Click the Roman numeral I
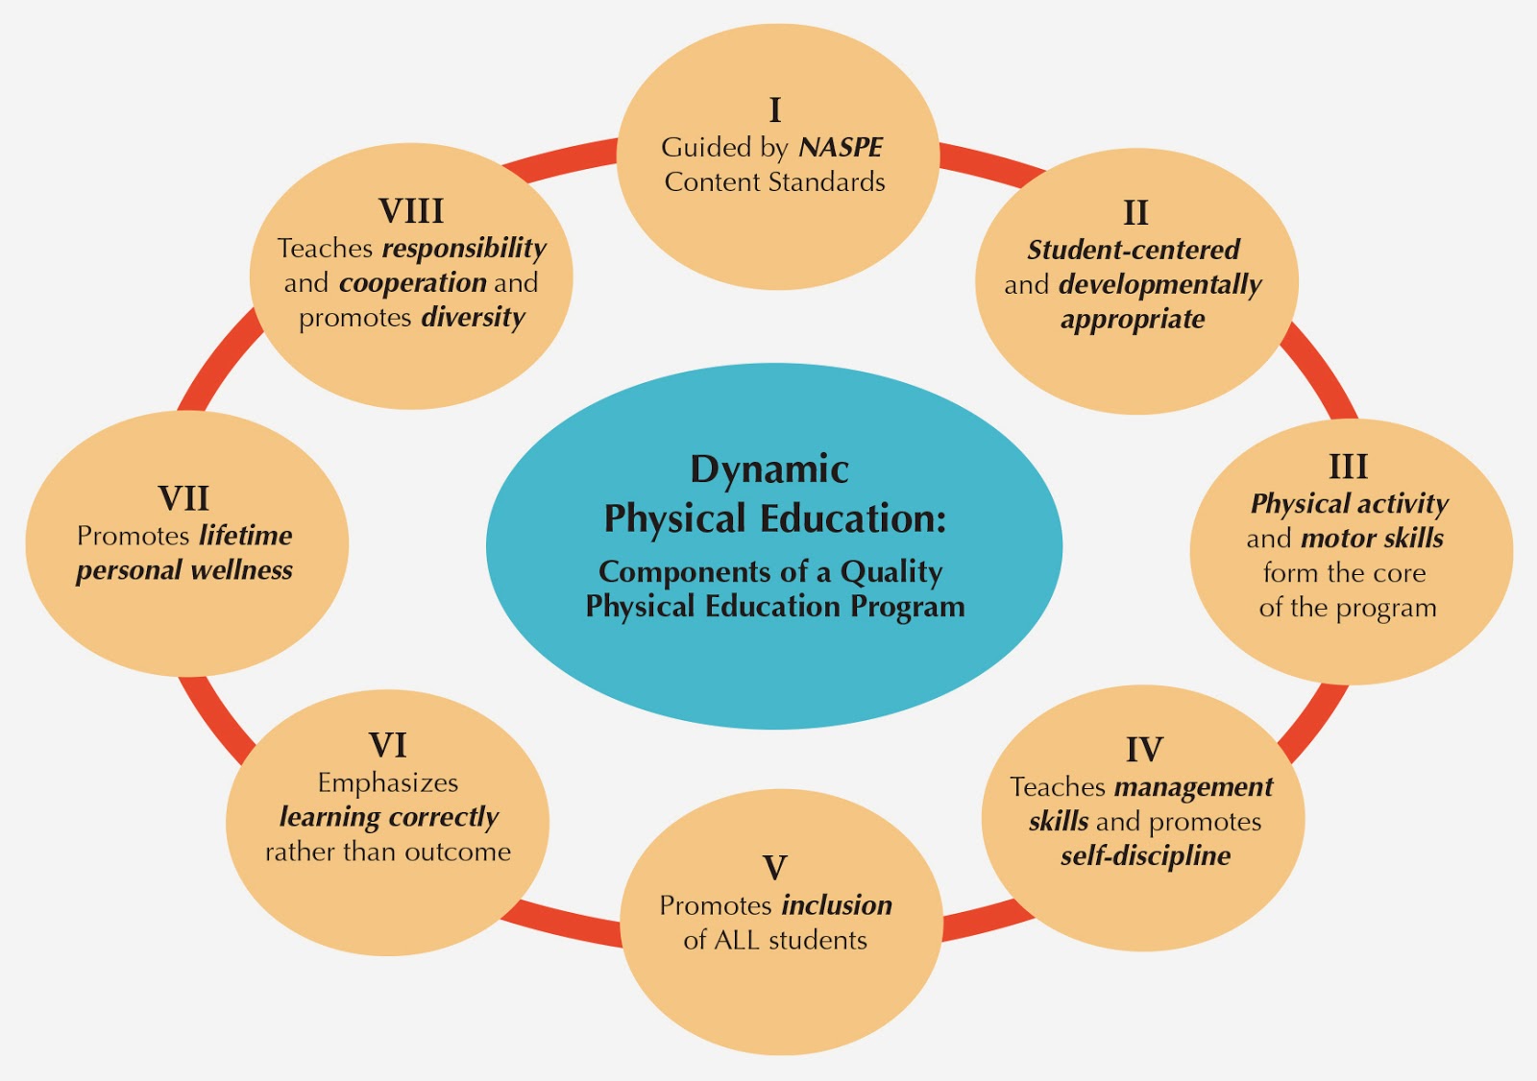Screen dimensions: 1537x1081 click(x=775, y=110)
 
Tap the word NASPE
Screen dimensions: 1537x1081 click(x=841, y=148)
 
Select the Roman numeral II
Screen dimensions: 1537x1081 click(x=1135, y=212)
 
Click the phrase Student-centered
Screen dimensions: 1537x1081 click(x=1134, y=250)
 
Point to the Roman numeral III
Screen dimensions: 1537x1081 click(x=1348, y=467)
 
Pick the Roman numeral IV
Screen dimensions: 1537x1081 click(x=1144, y=749)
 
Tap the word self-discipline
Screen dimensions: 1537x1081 click(x=1145, y=855)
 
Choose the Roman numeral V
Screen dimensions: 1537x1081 click(x=774, y=868)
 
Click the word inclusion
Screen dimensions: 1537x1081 click(x=837, y=905)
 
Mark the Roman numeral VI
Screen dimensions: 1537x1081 click(x=388, y=745)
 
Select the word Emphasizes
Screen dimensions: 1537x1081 click(x=388, y=782)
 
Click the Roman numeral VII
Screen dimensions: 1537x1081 click(x=183, y=498)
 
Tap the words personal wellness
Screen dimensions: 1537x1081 click(x=184, y=570)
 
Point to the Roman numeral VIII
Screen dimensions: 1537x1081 click(x=411, y=210)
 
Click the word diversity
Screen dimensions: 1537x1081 click(x=474, y=318)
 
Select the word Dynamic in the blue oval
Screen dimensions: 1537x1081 click(x=769, y=469)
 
